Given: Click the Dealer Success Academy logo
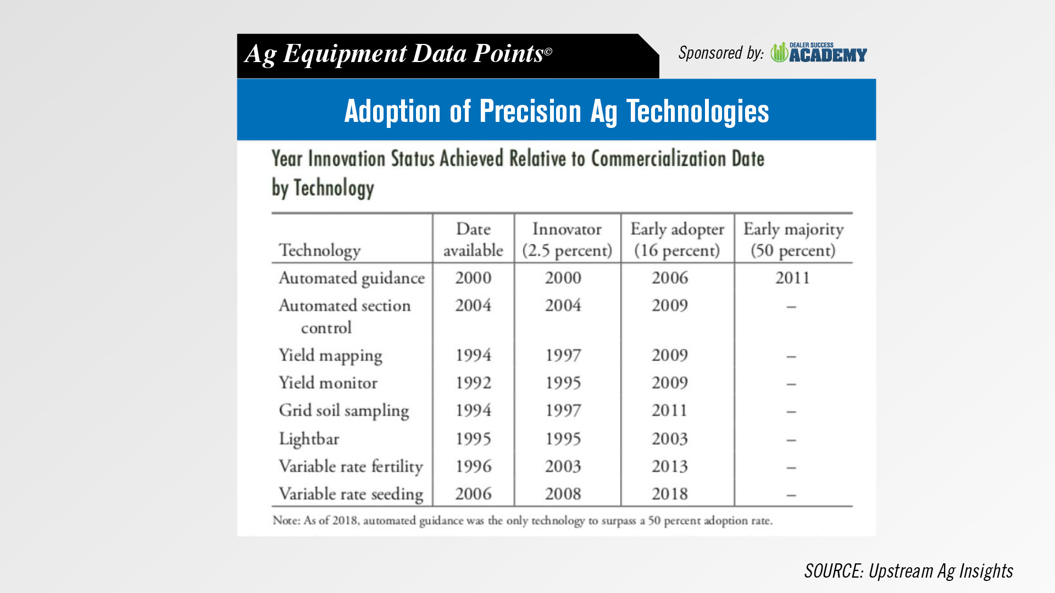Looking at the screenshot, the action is click(819, 53).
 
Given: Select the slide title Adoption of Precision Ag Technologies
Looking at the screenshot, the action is click(556, 111).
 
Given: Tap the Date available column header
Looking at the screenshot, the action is click(473, 239).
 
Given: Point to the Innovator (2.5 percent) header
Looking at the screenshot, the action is click(567, 239).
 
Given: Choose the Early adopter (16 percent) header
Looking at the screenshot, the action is click(677, 239).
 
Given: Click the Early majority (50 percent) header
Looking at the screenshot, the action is click(793, 239).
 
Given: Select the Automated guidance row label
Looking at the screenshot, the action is click(352, 278).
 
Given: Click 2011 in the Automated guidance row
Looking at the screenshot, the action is click(792, 278).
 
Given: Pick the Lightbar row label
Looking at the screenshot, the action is click(309, 439).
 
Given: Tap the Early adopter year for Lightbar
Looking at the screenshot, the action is click(670, 439).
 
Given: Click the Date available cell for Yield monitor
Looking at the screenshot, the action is click(473, 383).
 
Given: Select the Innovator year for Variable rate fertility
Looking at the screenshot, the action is click(563, 466).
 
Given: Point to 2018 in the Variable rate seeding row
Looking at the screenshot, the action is click(670, 494).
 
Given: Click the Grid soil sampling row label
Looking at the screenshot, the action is click(344, 411).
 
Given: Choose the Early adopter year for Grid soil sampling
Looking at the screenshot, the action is click(670, 410).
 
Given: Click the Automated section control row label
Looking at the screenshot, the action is click(345, 316).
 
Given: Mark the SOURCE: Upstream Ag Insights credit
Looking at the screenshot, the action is click(909, 571).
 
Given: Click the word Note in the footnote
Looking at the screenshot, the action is click(285, 521).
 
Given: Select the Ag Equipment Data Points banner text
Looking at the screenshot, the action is click(398, 54).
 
